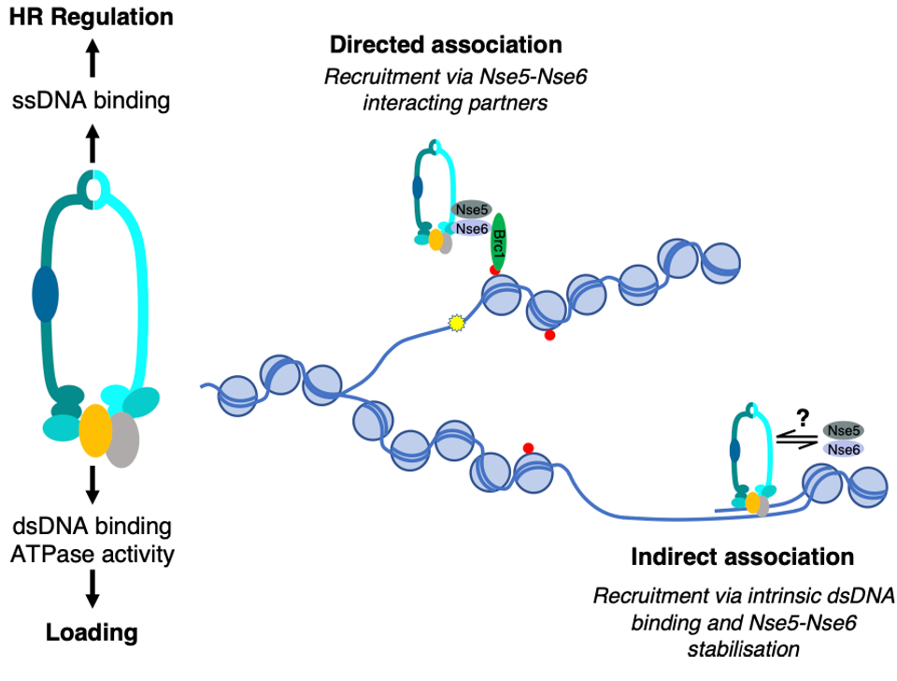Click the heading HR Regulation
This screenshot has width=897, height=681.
point(92,17)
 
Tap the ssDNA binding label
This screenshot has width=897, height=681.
point(92,100)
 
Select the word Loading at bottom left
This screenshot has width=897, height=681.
point(92,632)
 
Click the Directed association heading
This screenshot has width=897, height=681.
point(446,45)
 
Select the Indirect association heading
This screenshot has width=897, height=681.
point(742,558)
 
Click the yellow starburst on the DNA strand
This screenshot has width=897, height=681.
point(456,324)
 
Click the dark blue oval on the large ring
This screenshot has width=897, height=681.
point(45,294)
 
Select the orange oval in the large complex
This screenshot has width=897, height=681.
point(95,430)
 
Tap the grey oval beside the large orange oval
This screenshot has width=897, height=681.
point(122,440)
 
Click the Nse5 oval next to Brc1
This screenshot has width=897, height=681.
point(471,210)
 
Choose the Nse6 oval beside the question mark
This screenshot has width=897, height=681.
point(844,450)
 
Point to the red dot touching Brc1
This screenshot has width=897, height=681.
point(494,270)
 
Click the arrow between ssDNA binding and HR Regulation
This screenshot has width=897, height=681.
point(92,63)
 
